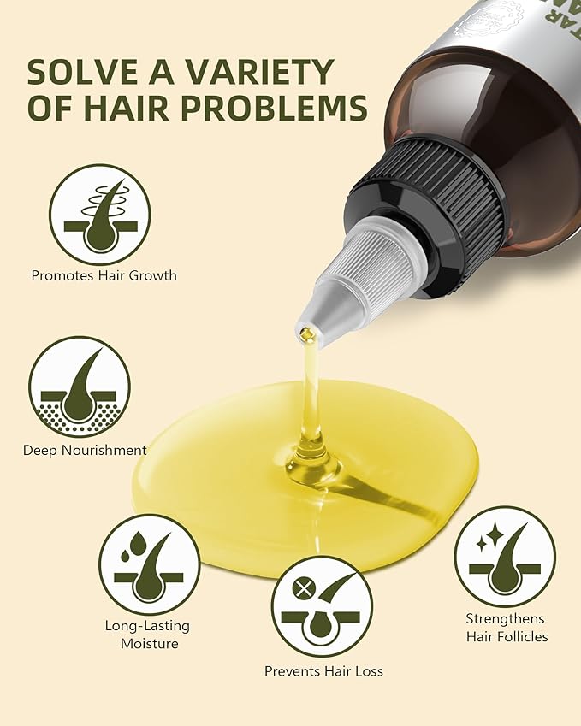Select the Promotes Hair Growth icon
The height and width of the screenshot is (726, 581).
[x=99, y=215]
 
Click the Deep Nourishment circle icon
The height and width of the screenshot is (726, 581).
[x=80, y=387]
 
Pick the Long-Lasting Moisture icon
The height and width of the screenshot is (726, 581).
[x=149, y=564]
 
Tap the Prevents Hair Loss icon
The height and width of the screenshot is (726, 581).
[x=322, y=605]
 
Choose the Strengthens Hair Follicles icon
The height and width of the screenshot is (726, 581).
[x=505, y=557]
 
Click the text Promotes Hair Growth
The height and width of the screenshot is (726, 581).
[x=104, y=275]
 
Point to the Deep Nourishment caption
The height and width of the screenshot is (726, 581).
[x=85, y=450]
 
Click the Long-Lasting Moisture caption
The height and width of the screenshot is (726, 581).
[x=147, y=633]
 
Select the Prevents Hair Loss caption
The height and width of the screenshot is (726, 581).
[x=323, y=671]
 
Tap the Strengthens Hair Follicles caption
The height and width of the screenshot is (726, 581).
[x=507, y=627]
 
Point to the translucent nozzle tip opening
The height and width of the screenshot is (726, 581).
[x=306, y=333]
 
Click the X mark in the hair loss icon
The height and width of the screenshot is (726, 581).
[x=300, y=589]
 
